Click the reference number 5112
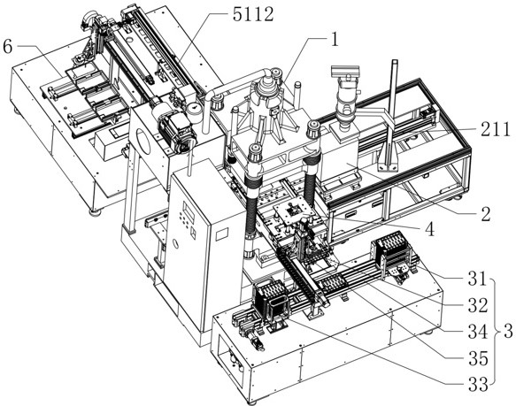coord(253,15)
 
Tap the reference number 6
coord(7,46)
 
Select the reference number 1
coord(335,41)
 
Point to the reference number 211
coord(495,130)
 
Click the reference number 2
coord(486,214)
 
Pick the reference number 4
coord(429,230)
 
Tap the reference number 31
coord(477,279)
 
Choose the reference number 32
coord(477,306)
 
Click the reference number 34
coord(477,332)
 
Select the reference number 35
coord(477,358)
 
